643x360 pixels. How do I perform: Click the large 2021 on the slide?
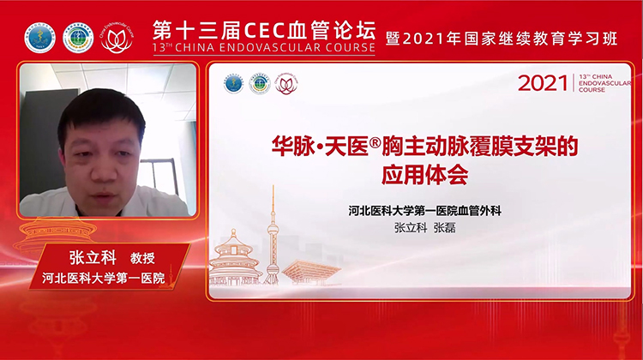click(544, 83)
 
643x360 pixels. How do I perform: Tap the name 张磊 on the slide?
click(446, 228)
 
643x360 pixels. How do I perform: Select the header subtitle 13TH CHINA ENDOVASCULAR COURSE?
click(264, 48)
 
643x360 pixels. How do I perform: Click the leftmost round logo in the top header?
click(39, 38)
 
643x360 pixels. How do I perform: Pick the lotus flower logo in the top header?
click(117, 38)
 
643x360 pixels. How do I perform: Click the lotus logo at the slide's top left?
click(286, 83)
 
